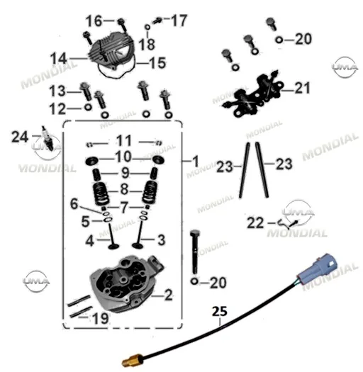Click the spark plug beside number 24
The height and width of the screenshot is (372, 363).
48,138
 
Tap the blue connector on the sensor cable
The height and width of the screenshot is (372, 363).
317,267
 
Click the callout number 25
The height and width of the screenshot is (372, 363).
219,312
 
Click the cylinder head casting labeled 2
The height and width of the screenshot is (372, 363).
125,283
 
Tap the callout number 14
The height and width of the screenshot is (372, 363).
59,58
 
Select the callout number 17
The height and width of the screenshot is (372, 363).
179,21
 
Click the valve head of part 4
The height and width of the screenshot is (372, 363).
113,246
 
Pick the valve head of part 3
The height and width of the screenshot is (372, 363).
138,245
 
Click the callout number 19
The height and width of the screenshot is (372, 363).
101,318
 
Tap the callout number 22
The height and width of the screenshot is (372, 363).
255,223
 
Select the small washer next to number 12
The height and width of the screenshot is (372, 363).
88,108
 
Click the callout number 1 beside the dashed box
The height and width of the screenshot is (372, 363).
196,162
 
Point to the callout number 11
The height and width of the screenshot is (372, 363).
123,141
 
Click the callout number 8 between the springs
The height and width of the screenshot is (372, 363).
124,189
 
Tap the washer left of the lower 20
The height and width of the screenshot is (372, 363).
194,281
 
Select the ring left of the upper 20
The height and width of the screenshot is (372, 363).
279,40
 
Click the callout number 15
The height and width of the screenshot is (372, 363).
157,63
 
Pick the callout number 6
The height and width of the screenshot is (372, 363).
74,204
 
